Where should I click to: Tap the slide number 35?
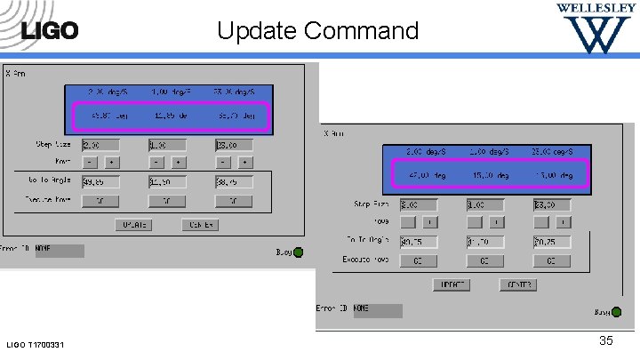click(606, 340)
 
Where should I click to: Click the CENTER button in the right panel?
click(516, 285)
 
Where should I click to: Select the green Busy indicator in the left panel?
click(298, 252)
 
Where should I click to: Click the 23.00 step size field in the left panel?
click(233, 145)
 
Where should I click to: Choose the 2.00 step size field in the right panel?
click(415, 204)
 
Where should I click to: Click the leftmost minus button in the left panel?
click(90, 163)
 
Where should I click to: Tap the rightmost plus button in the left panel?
click(244, 163)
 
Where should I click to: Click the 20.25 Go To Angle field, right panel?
click(551, 241)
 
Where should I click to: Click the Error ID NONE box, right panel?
click(377, 310)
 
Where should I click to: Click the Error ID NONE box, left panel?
click(59, 251)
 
